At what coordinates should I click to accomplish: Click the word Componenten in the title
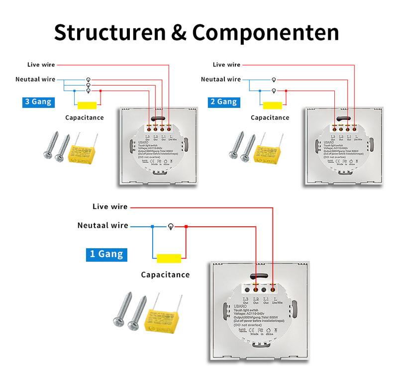click(x=266, y=33)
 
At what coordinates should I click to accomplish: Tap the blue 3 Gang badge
click(x=38, y=102)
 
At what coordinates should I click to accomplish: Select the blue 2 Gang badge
click(x=223, y=102)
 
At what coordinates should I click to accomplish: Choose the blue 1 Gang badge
click(x=106, y=254)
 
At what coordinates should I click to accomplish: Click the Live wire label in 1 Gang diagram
click(x=110, y=206)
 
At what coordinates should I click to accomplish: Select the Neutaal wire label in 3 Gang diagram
click(x=35, y=79)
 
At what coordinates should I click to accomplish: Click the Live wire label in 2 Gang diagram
click(x=226, y=65)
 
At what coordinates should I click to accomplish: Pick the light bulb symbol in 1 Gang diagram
click(x=170, y=226)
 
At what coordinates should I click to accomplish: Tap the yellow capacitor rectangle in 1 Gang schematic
click(x=169, y=259)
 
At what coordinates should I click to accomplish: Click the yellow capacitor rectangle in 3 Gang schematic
click(x=87, y=105)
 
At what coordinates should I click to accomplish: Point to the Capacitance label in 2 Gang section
click(x=270, y=118)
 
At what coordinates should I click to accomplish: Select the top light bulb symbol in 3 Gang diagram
click(x=89, y=80)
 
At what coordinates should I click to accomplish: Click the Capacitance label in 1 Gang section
click(x=165, y=275)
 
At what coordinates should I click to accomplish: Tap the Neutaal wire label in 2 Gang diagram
click(x=221, y=79)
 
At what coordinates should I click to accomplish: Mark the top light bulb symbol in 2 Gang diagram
click(x=273, y=80)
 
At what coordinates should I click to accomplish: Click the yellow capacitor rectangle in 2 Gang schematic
click(x=273, y=105)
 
